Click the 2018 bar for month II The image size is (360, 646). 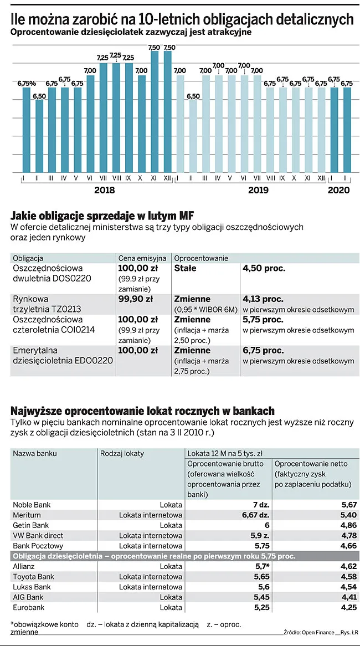point(39,136)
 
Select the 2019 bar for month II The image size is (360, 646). point(193,136)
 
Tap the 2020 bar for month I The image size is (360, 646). point(334,130)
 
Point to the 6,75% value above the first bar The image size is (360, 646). point(26,83)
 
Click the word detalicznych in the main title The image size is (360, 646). point(312,19)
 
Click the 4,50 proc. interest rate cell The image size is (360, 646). point(264,268)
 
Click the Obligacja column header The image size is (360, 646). point(28,258)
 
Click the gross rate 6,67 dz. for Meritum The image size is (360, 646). point(256,515)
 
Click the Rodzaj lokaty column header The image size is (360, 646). point(122,453)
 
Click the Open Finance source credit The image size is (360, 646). point(318,632)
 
